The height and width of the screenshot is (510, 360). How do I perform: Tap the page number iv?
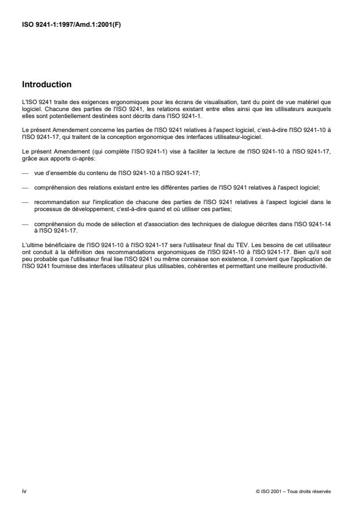click(23, 491)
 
